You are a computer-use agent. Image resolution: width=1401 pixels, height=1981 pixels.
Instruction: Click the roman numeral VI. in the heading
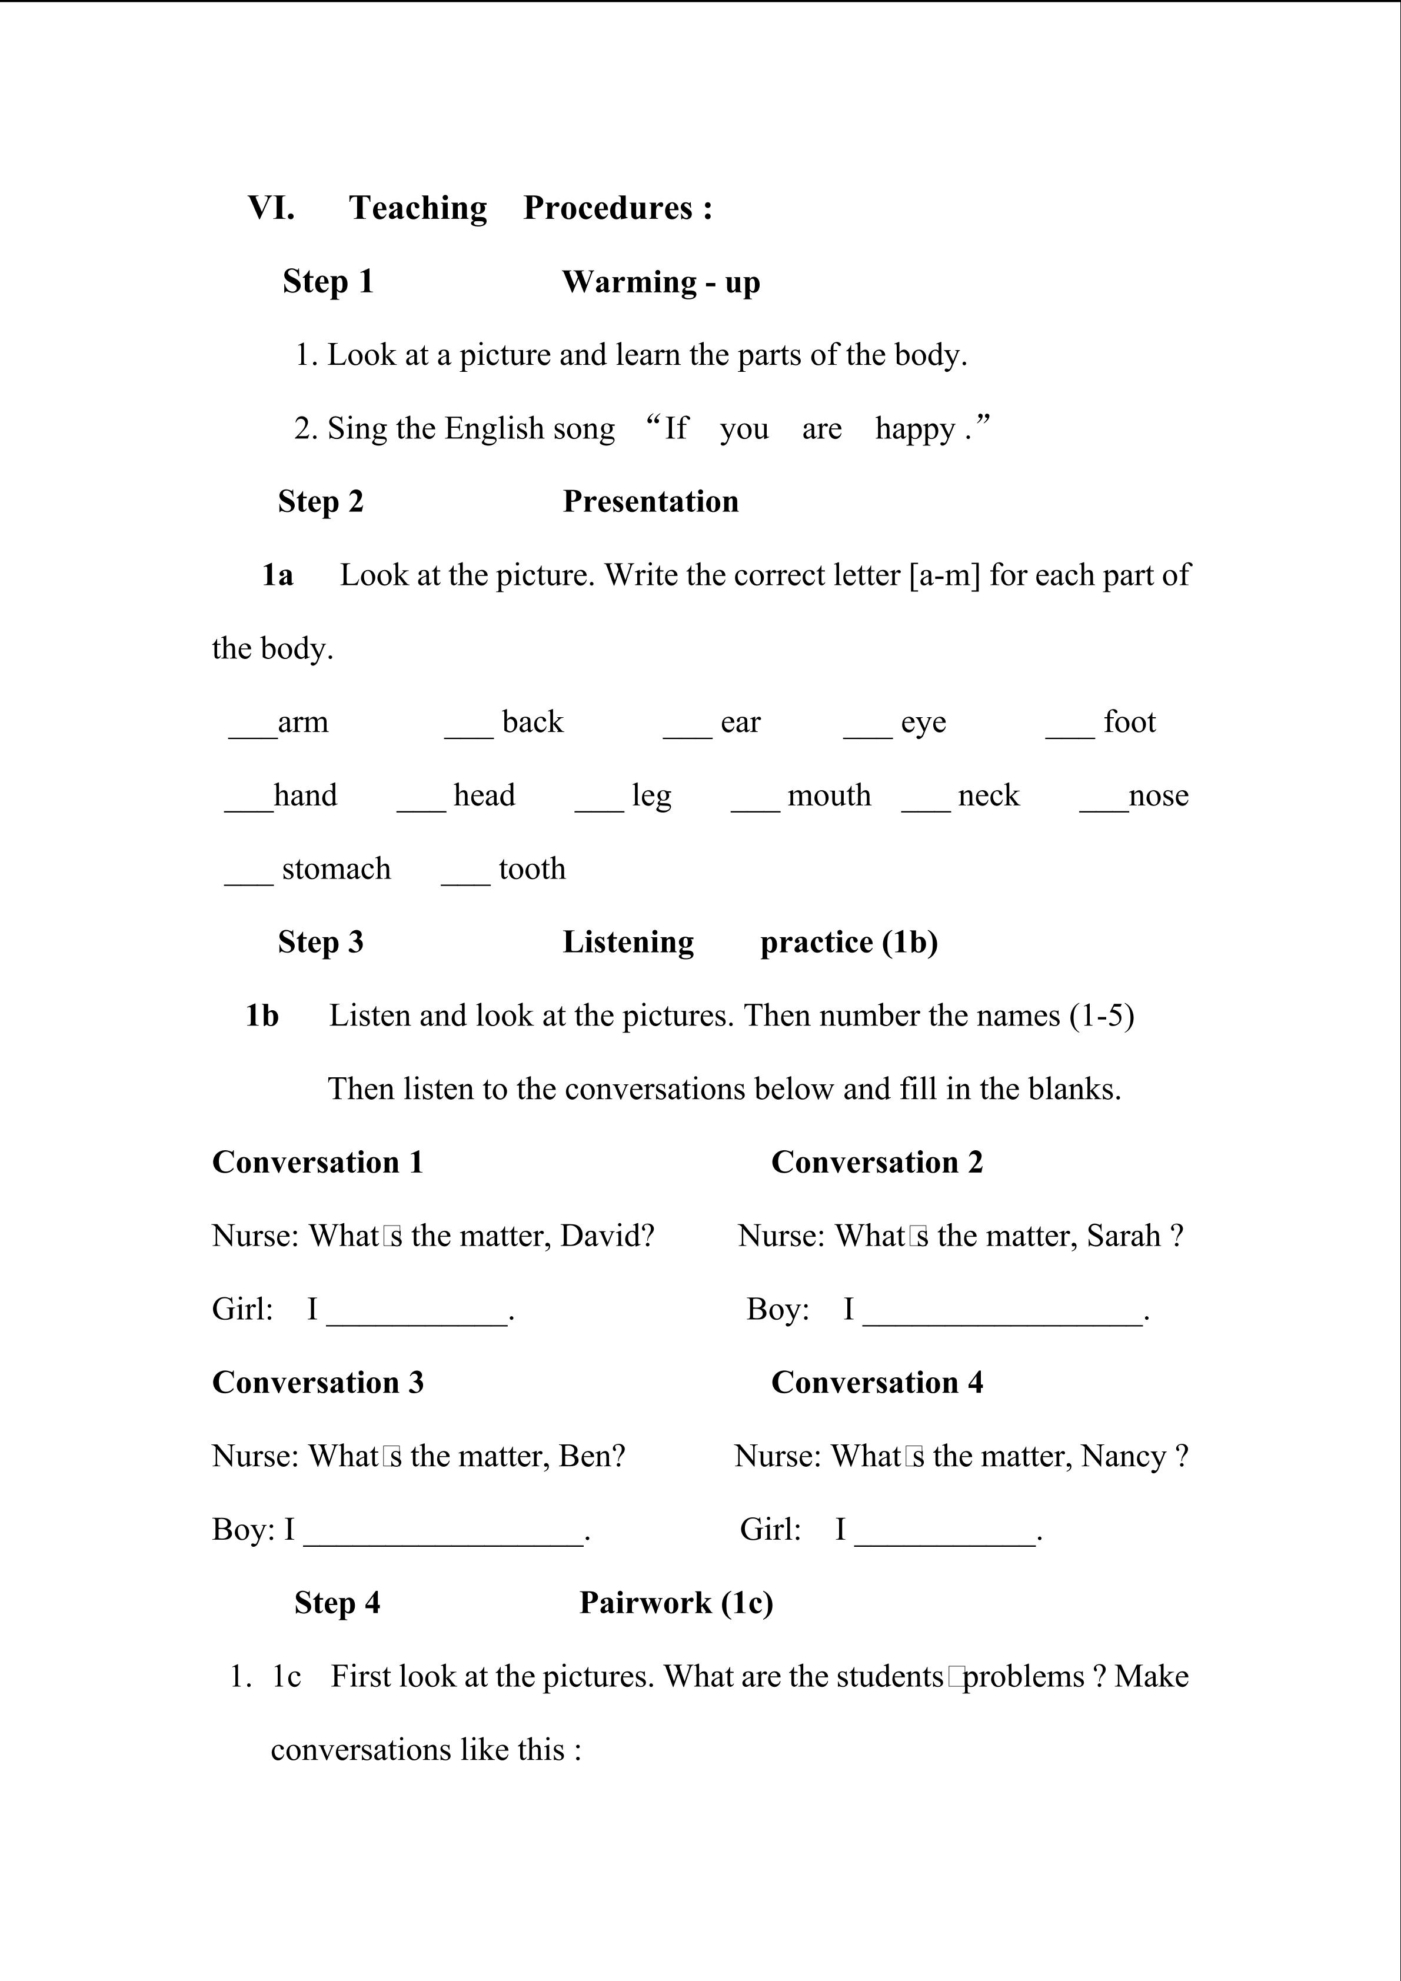(271, 208)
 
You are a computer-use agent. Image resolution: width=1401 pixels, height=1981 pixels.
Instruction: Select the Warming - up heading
(661, 282)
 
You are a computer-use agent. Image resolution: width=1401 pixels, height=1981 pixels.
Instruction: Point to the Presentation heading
(650, 501)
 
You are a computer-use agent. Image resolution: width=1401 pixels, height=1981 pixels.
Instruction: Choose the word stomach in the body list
(337, 869)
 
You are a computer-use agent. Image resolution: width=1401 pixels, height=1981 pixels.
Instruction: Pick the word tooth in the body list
(533, 869)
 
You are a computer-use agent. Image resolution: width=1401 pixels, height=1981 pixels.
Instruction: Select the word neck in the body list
(989, 795)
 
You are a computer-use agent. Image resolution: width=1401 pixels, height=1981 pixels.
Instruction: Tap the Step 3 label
(321, 942)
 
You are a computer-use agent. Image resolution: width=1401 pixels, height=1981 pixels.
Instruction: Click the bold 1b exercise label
(262, 1016)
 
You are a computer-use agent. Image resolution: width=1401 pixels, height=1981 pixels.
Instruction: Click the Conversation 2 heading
(877, 1162)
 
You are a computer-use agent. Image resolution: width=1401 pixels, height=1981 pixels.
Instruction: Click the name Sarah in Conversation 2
(1123, 1236)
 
